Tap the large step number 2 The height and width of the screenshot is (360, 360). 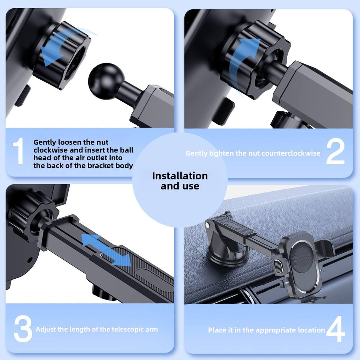335,152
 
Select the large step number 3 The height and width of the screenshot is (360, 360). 23,328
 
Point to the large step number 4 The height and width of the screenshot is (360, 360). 336,329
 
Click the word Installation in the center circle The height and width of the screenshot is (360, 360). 180,176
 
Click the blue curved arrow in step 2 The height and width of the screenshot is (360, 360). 243,60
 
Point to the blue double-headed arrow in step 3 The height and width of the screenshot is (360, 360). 106,250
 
